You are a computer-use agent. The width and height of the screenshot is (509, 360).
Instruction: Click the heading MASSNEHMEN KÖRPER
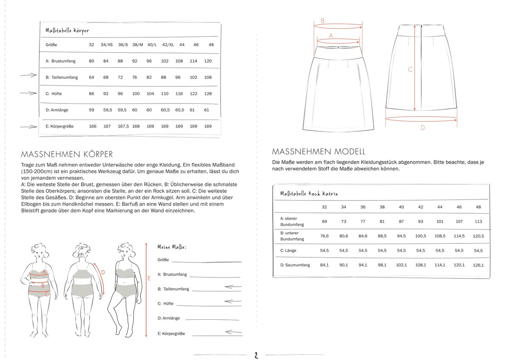[67, 154]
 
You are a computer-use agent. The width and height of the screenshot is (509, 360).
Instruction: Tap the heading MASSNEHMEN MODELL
[319, 151]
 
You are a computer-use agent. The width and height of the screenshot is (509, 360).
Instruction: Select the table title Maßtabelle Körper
[67, 31]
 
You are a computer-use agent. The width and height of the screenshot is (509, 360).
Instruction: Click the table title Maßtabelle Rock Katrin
[309, 194]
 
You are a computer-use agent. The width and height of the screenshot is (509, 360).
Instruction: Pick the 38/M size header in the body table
[138, 45]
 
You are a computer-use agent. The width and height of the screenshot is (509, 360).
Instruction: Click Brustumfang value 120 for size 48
[208, 61]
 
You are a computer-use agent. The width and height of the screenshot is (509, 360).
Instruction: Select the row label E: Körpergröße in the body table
[62, 126]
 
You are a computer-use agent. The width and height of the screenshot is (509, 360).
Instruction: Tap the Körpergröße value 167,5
[123, 126]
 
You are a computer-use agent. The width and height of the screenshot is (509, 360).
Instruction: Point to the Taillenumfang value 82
[149, 78]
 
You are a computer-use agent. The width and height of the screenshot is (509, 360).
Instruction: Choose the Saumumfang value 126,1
[478, 265]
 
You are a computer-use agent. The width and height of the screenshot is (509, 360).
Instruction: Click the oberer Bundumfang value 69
[324, 221]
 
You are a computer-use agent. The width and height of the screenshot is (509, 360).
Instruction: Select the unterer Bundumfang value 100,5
[420, 236]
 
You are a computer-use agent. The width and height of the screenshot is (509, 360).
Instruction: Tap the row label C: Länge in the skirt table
[288, 251]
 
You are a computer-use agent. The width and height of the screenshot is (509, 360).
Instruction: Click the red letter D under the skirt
[422, 128]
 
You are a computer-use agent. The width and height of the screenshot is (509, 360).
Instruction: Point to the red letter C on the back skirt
[410, 70]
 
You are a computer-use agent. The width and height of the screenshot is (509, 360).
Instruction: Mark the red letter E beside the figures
[149, 279]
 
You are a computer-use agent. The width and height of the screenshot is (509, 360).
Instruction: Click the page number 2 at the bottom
[256, 355]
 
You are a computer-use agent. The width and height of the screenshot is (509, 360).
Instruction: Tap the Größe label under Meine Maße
[163, 260]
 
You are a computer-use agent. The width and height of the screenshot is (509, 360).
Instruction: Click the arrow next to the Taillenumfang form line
[233, 287]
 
